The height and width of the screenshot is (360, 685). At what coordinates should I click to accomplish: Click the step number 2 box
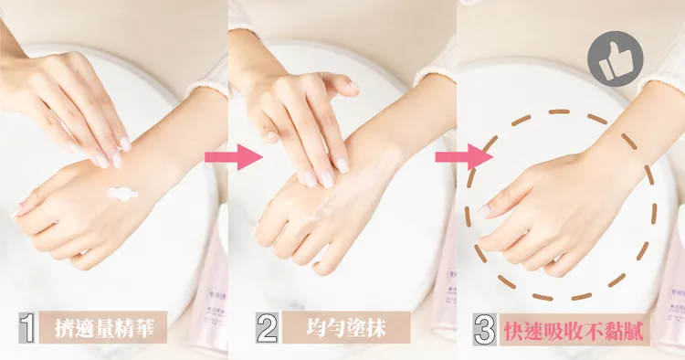[x=267, y=330]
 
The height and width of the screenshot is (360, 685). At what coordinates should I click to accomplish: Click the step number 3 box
[x=485, y=330]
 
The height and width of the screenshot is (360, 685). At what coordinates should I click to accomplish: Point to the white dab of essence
[x=121, y=194]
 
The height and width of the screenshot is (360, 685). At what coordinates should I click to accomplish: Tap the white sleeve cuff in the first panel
[x=205, y=80]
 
